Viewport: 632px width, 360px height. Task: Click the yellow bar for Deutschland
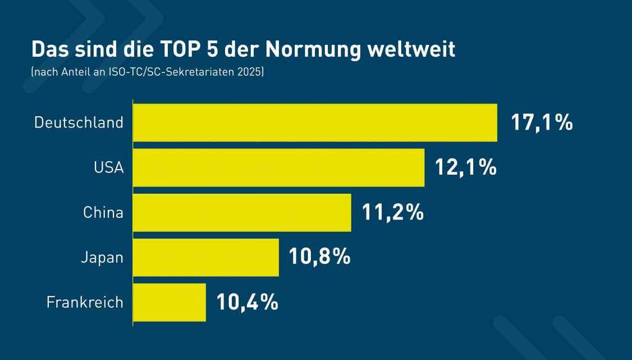click(x=315, y=122)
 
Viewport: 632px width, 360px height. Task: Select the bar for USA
click(x=278, y=167)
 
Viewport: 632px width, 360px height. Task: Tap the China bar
click(x=242, y=212)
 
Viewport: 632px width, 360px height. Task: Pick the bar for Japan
click(x=206, y=257)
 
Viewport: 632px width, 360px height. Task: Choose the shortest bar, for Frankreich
click(x=170, y=302)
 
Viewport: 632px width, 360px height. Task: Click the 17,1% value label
click(x=542, y=122)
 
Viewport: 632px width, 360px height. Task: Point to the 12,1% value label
click(x=466, y=167)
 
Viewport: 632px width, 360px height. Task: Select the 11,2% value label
click(x=392, y=212)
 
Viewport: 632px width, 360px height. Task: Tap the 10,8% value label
click(x=320, y=257)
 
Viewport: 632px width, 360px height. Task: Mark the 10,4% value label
click(x=248, y=302)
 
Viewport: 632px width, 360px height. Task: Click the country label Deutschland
click(x=79, y=122)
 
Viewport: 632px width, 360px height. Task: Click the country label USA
click(x=109, y=167)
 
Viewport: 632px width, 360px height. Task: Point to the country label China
click(x=103, y=212)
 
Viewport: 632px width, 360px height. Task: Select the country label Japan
click(x=102, y=258)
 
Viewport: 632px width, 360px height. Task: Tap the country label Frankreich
click(x=85, y=302)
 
